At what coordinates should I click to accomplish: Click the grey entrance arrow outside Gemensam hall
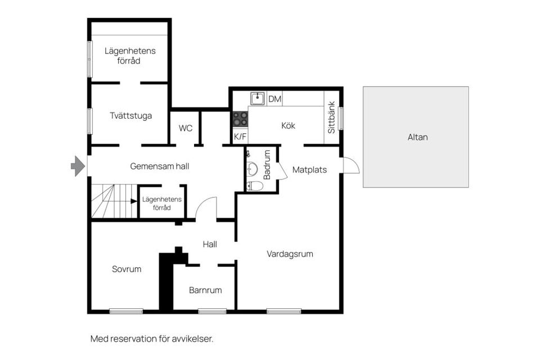pos(78,166)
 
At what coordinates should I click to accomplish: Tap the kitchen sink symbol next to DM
pos(257,98)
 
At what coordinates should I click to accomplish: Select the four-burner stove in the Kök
pos(240,119)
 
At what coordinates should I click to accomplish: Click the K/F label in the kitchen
pos(240,137)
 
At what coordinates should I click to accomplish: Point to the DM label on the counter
pos(274,99)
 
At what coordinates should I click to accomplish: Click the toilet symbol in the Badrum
pos(254,186)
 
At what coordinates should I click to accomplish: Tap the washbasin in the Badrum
pos(252,169)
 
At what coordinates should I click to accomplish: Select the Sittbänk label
pos(331,117)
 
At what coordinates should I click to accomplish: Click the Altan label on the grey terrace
pos(417,137)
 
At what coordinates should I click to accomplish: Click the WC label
pos(185,128)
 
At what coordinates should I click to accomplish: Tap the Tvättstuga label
pos(130,116)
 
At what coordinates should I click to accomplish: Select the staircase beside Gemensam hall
pos(114,201)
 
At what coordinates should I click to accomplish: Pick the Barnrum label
pos(205,290)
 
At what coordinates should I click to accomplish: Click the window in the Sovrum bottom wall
pos(126,311)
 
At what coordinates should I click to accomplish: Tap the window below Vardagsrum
pos(283,311)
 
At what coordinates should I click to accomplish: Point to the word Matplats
pos(309,169)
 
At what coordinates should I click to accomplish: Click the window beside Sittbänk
pos(341,118)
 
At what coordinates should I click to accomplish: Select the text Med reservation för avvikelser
pos(152,339)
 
